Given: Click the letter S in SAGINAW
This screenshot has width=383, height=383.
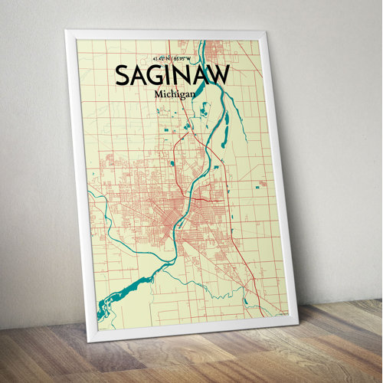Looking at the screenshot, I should click(x=122, y=75).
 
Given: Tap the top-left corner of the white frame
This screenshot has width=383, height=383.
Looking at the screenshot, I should click(x=66, y=31).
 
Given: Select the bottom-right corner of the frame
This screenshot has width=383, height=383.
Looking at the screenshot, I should click(x=297, y=322).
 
